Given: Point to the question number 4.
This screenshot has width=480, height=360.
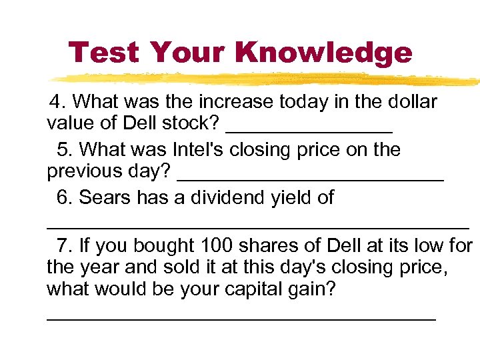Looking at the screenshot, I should (58, 102).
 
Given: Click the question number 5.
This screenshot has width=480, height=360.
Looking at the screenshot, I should (65, 149).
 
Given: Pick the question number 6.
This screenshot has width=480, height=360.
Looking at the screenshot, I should (65, 197).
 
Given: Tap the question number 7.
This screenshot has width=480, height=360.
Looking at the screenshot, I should (65, 245).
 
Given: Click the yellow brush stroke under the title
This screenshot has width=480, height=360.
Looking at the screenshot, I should (267, 78).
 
